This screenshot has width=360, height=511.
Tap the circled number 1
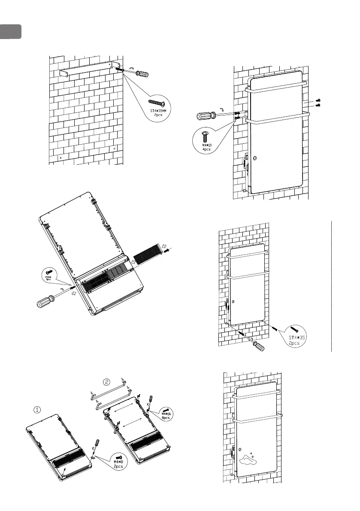coord(38,409)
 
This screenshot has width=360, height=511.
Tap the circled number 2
coord(106,381)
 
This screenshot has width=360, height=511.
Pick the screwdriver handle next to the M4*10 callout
coord(205,116)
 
